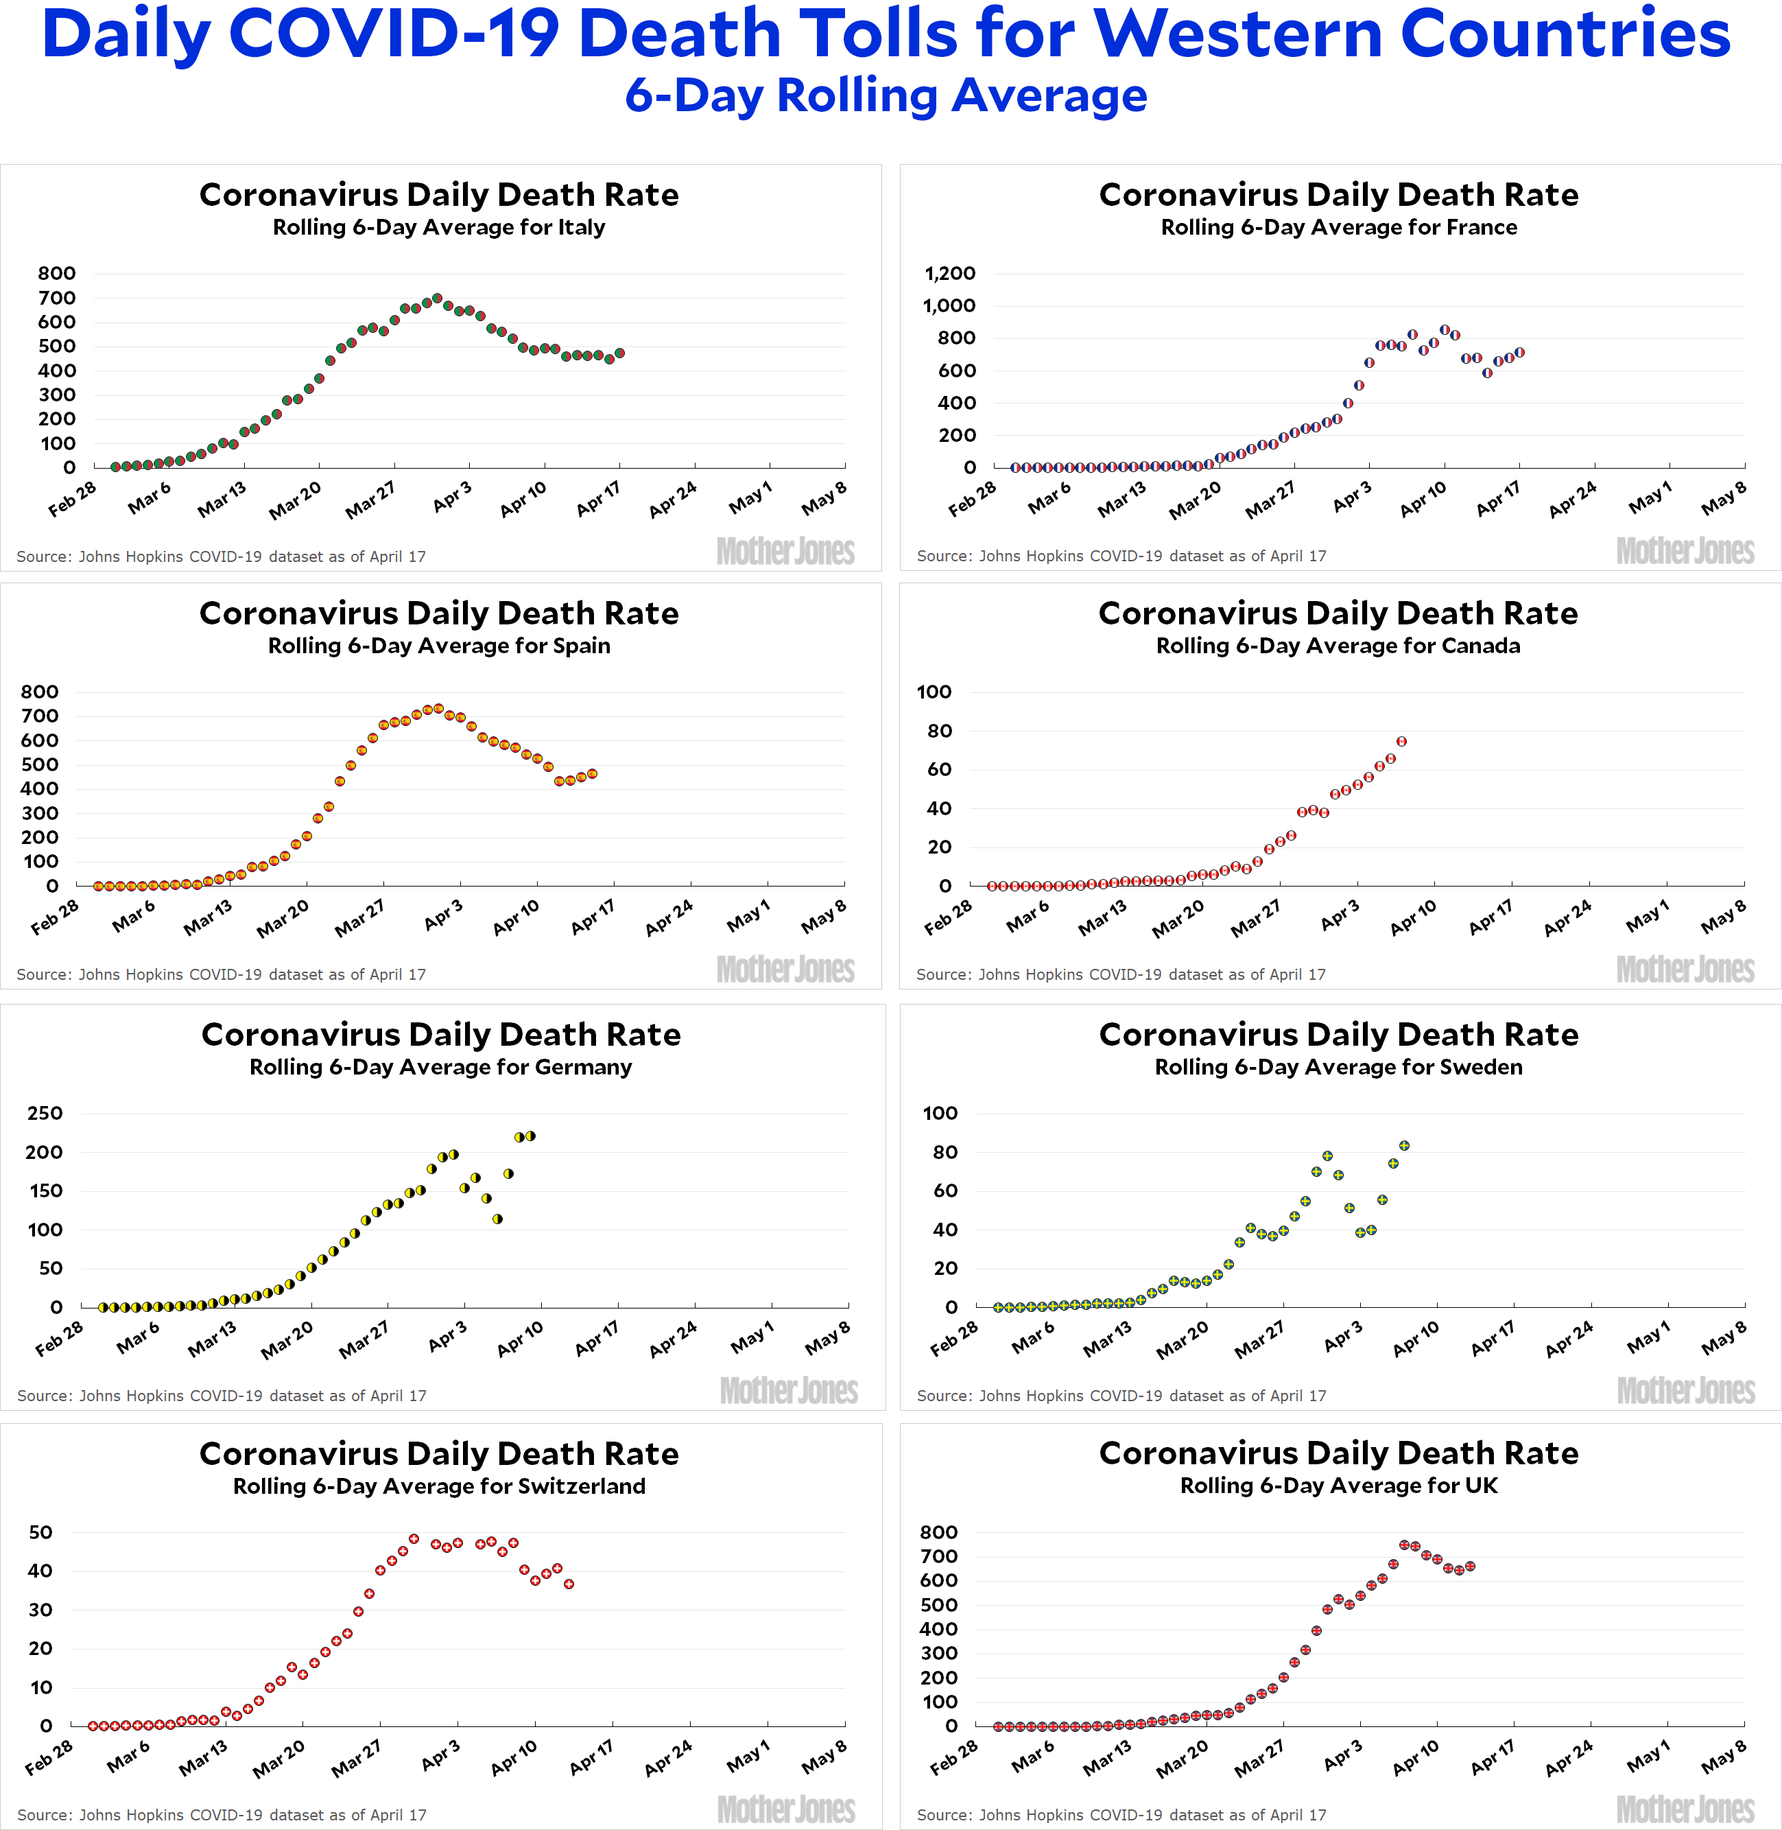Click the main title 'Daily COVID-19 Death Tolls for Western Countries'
[x=886, y=34]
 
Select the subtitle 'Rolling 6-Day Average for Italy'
[x=439, y=227]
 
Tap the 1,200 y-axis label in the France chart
[x=950, y=273]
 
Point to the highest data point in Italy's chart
[x=437, y=298]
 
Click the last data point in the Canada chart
[x=1401, y=741]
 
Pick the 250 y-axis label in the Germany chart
[x=45, y=1113]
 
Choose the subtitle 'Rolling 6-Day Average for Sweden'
[x=1338, y=1067]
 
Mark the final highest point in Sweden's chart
[x=1404, y=1146]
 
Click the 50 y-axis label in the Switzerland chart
[x=40, y=1532]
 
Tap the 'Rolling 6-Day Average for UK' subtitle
[x=1338, y=1486]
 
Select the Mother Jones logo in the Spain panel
[x=786, y=969]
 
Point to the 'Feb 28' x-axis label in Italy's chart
[x=72, y=499]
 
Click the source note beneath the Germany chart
[x=222, y=1396]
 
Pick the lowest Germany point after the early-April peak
[x=497, y=1219]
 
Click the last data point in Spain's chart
[x=593, y=774]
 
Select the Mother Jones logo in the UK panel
[x=1685, y=1809]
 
